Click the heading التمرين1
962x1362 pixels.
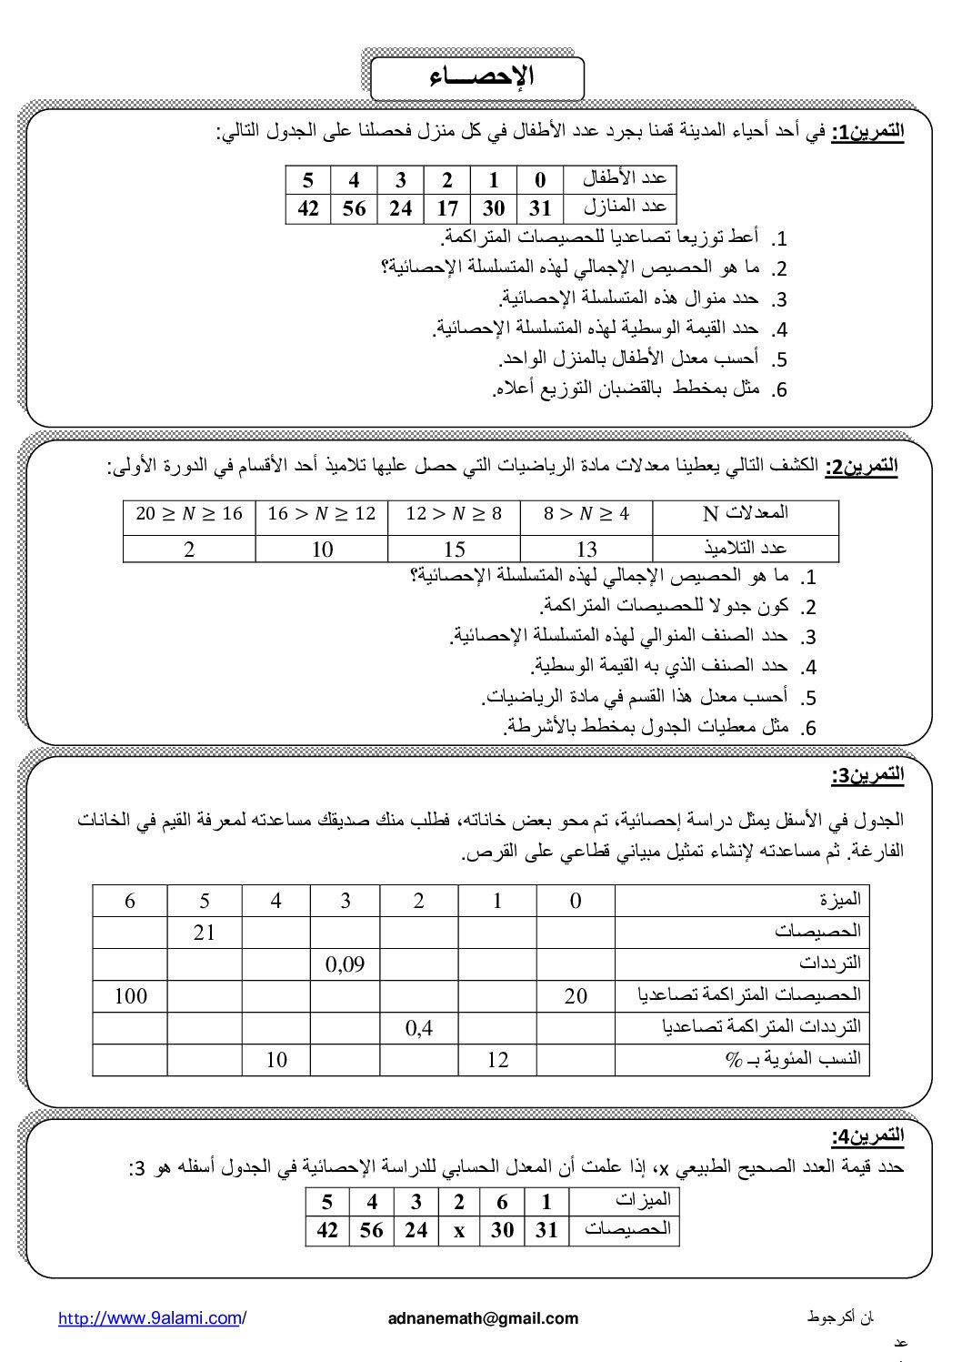click(x=868, y=131)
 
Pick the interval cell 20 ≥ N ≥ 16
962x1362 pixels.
click(x=189, y=514)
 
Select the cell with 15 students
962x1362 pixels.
click(x=454, y=549)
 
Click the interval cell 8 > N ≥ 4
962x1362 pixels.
click(x=586, y=514)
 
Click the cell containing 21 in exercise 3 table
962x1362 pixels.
click(x=205, y=933)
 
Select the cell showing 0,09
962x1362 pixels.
click(x=345, y=963)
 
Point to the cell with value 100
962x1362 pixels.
click(x=131, y=995)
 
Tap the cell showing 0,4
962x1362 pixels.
click(x=418, y=1028)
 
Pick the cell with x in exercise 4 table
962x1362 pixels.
click(x=459, y=1230)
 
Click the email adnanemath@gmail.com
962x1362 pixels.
click(x=482, y=1318)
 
